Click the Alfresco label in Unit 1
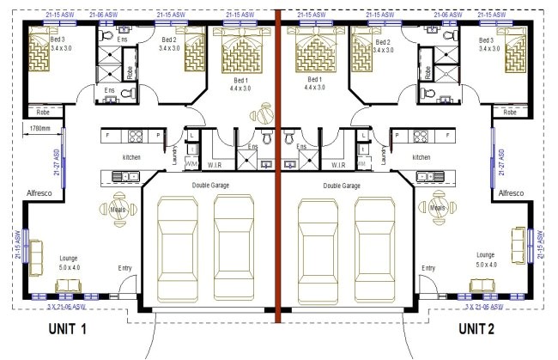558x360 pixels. (40, 194)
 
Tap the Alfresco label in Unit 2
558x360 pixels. (512, 194)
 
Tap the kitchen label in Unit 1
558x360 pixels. (130, 157)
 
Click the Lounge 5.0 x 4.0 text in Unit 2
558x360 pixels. (485, 259)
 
